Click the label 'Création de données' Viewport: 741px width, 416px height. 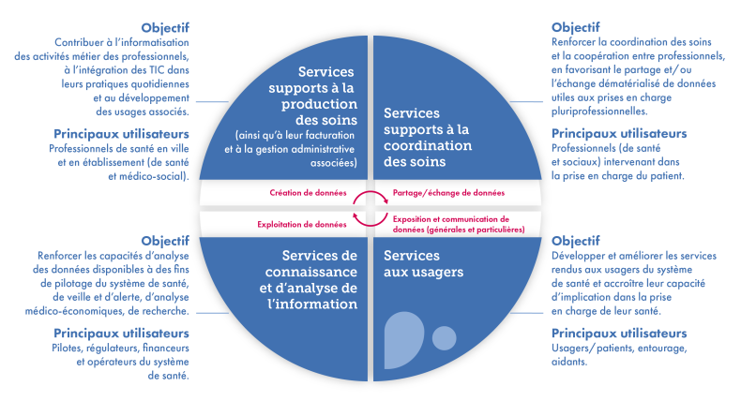coord(307,193)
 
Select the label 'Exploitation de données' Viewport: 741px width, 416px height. coord(302,224)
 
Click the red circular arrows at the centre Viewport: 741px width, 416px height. coord(370,209)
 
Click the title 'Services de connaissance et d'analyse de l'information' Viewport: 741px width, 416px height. coord(309,280)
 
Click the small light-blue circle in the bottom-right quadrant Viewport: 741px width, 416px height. coord(445,337)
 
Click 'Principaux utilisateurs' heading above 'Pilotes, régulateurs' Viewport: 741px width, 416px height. coord(121,333)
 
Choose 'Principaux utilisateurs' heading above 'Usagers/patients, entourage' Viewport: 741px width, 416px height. coord(619,333)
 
